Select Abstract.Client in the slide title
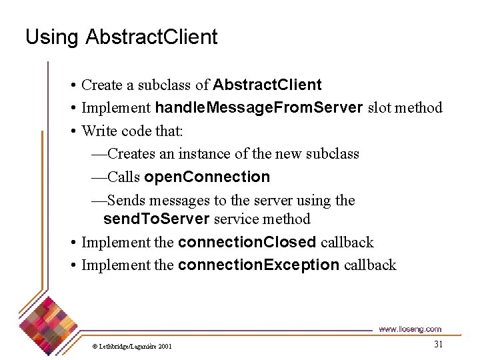(151, 37)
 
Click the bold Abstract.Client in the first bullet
(267, 85)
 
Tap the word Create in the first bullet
(102, 85)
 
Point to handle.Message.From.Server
(259, 107)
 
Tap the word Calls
(124, 177)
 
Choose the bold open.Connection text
(207, 177)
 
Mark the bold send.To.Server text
(156, 219)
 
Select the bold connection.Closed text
(247, 243)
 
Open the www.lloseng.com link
(409, 329)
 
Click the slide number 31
(438, 344)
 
